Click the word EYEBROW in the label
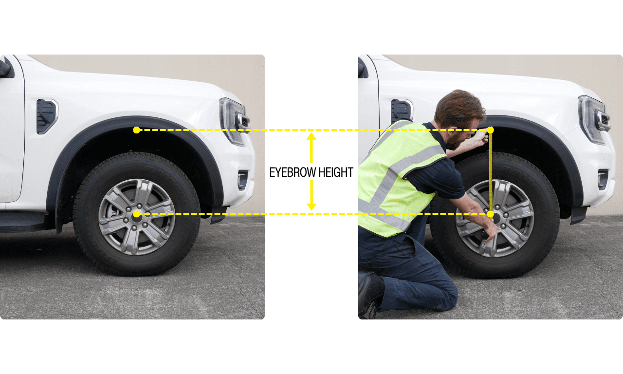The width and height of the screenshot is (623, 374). [293, 172]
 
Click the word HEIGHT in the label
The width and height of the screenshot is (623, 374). [336, 172]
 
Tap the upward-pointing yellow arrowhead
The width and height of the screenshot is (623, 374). [311, 136]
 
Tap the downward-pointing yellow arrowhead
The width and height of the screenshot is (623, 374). [311, 207]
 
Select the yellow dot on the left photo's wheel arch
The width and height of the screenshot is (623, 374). [137, 130]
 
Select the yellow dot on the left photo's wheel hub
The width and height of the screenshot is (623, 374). [137, 214]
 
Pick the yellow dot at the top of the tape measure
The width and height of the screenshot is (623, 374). [490, 130]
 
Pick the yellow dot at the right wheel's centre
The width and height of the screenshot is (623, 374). [490, 214]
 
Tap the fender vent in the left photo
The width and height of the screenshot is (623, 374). [47, 116]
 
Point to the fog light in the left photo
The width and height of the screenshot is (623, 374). [242, 180]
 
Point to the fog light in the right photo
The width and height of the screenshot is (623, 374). [603, 179]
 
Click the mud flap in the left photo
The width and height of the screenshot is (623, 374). [219, 215]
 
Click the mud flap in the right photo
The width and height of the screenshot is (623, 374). [579, 215]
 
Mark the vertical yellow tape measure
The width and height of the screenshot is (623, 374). [491, 172]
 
